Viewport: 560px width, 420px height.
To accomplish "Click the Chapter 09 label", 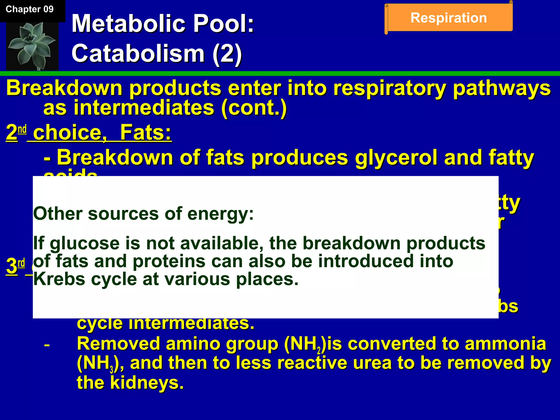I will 30,9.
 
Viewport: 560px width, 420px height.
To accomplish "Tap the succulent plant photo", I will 32,46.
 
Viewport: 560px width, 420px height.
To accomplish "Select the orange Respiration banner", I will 449,18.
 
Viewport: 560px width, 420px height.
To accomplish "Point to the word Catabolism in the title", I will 138,53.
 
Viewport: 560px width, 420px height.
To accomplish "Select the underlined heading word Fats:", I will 145,133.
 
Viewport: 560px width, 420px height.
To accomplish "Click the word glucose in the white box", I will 84,243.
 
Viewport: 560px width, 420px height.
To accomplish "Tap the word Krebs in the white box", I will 59,279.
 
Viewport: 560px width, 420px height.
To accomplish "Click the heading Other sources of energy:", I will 143,214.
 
